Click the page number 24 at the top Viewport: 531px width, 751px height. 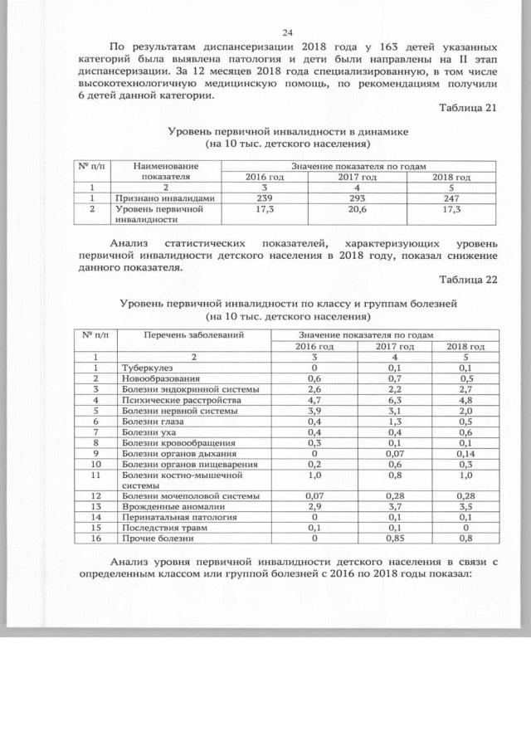(x=288, y=32)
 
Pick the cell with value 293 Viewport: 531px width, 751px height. (x=358, y=198)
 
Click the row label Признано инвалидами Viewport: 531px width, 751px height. (x=165, y=198)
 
